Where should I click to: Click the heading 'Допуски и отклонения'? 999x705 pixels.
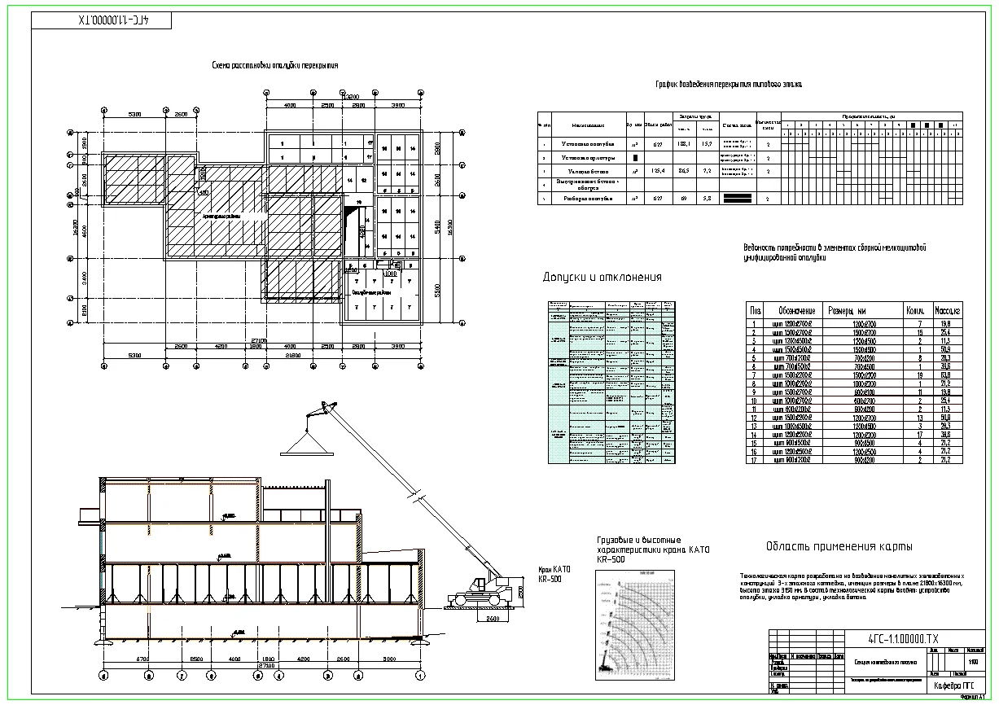click(x=602, y=278)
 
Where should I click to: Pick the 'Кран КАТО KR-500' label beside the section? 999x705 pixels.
click(x=554, y=574)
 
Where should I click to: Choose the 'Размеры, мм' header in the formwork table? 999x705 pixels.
click(x=847, y=310)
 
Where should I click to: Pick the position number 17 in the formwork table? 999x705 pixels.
click(x=756, y=460)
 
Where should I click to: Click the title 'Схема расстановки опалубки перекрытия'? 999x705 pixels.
click(x=274, y=65)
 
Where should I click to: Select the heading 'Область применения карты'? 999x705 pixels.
click(x=839, y=546)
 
